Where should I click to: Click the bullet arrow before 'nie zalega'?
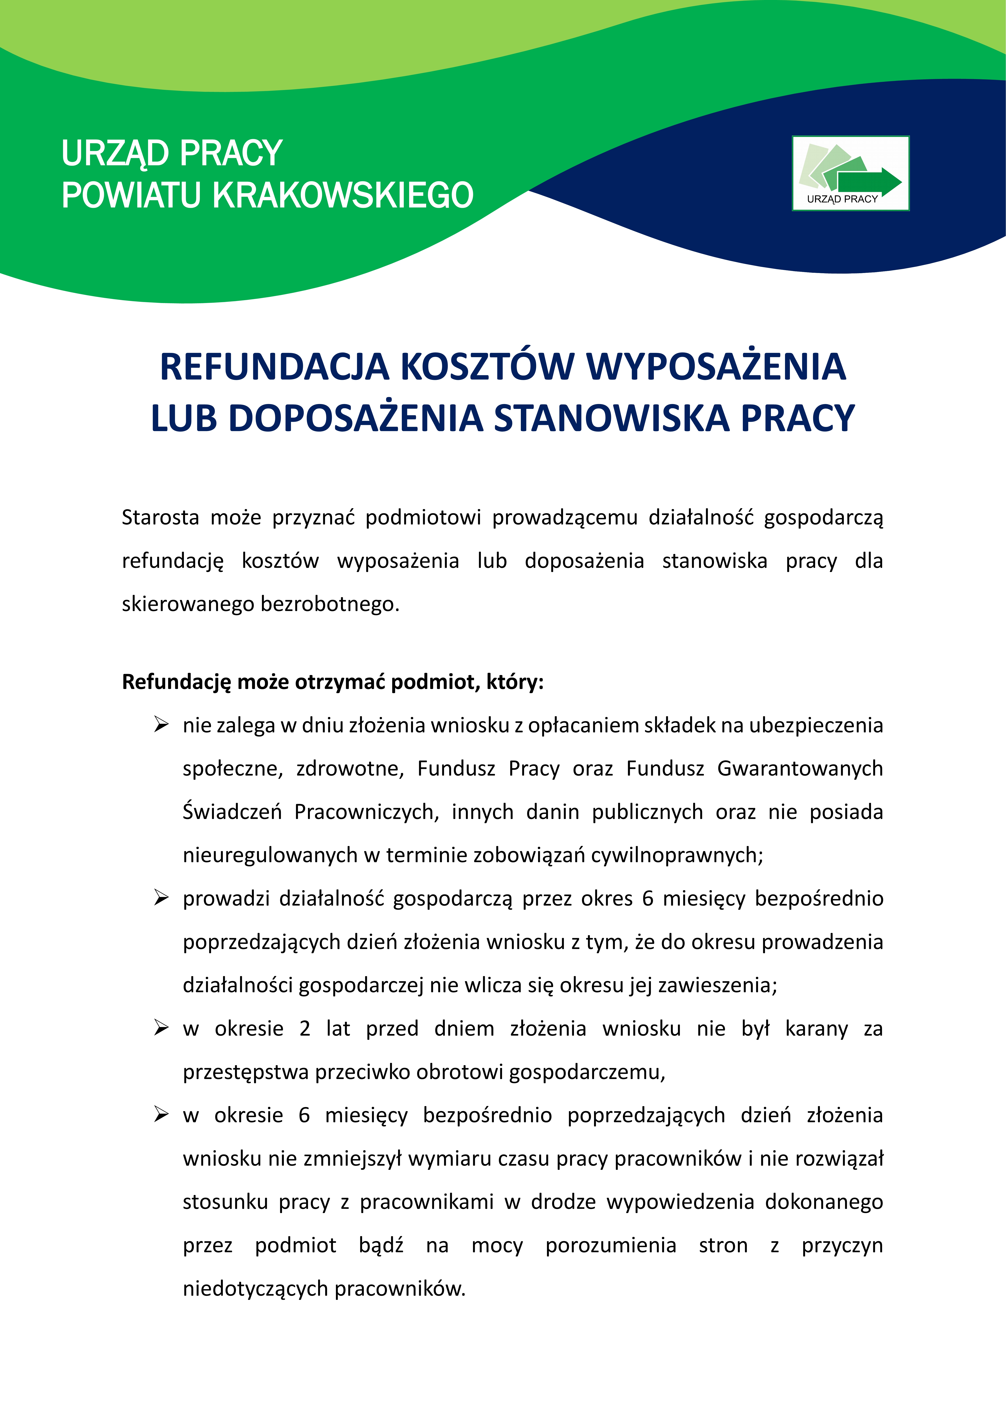click(x=161, y=724)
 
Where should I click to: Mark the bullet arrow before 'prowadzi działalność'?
click(x=161, y=898)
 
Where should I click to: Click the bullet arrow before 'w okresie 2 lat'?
click(x=161, y=1028)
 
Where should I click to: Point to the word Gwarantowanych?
click(x=800, y=768)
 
